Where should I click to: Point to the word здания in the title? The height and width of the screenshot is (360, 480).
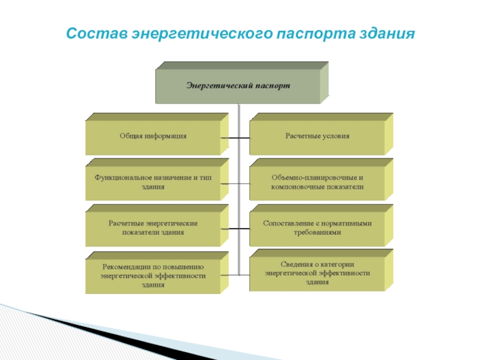pos(388,32)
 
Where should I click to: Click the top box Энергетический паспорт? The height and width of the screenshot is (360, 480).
pos(238,86)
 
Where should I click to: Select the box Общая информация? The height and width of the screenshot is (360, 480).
pos(152,137)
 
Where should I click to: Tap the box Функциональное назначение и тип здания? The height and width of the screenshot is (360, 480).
pos(152,182)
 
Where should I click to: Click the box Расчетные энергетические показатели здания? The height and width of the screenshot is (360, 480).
pos(152,227)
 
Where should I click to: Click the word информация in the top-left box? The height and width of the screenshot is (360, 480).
pos(164,137)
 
